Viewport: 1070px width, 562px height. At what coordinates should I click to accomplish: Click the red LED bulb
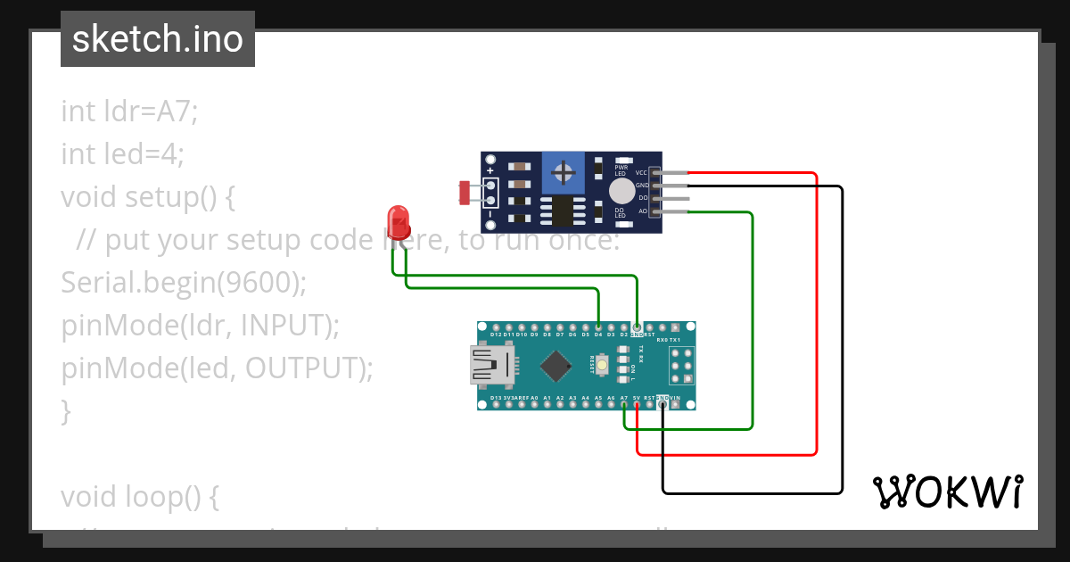(x=398, y=220)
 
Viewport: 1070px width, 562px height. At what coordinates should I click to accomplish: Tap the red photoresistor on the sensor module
(x=465, y=191)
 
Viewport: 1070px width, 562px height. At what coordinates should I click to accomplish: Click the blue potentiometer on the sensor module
(x=562, y=170)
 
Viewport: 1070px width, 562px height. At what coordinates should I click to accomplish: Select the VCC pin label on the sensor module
(x=641, y=172)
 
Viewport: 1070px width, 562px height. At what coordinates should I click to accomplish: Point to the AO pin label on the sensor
(x=642, y=211)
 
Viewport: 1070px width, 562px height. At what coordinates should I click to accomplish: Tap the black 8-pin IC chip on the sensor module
(x=562, y=211)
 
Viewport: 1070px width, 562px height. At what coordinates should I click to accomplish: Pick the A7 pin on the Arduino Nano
(x=624, y=404)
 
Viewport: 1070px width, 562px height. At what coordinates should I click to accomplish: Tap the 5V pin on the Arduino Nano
(x=637, y=404)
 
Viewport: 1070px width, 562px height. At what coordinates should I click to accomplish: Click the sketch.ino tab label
(x=158, y=39)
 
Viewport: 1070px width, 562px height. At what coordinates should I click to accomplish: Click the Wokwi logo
(x=947, y=492)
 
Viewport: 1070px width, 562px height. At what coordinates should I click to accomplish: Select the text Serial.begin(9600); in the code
(x=184, y=283)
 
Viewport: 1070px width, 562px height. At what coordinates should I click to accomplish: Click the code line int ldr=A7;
(x=129, y=112)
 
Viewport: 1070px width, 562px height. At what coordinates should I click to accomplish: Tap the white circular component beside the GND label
(x=621, y=191)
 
